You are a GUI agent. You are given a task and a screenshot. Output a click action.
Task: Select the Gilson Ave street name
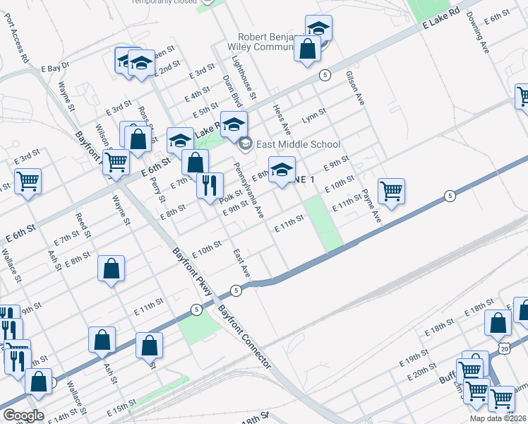pyautogui.click(x=354, y=88)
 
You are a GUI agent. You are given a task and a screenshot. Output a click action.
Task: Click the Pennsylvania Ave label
pyautogui.click(x=248, y=190)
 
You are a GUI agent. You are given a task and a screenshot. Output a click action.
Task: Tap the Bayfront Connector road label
pyautogui.click(x=244, y=336)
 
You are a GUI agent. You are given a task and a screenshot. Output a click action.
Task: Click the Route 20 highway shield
pyautogui.click(x=503, y=348)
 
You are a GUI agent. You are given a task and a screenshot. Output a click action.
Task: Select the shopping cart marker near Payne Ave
pyautogui.click(x=391, y=190)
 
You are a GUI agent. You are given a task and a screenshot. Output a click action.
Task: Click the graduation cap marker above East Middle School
pyautogui.click(x=234, y=124)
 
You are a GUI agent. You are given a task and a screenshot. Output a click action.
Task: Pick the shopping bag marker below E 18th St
pyautogui.click(x=498, y=322)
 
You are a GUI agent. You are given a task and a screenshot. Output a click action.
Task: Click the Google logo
pyautogui.click(x=23, y=416)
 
